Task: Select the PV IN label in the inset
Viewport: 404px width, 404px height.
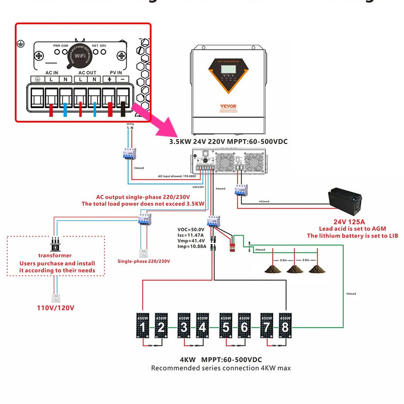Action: (x=116, y=72)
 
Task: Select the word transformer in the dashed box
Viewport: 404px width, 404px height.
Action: (x=55, y=256)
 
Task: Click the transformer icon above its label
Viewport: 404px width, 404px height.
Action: (x=55, y=244)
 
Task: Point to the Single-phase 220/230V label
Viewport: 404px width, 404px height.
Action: (x=144, y=261)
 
